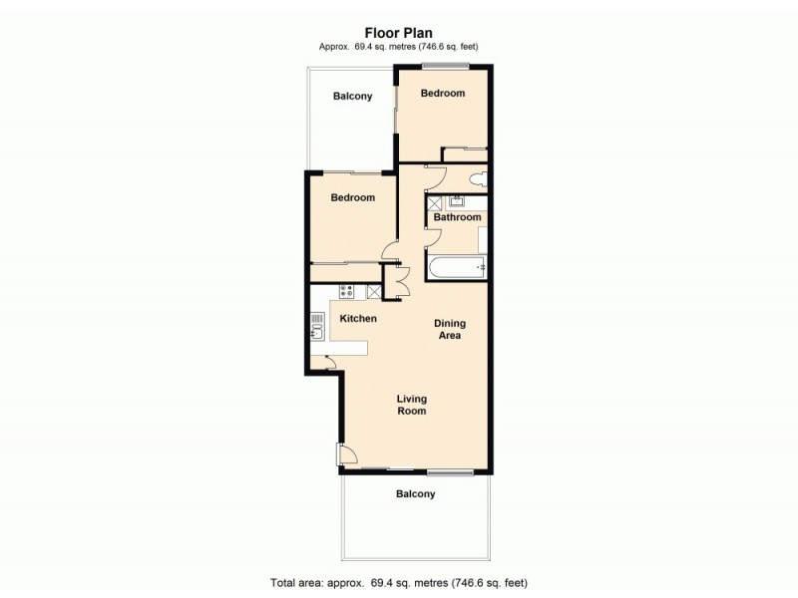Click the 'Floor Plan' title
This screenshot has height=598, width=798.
point(398,31)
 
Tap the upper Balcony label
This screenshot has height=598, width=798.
point(352,97)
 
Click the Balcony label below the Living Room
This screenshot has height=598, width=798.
point(415,494)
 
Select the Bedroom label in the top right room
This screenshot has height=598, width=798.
point(442,94)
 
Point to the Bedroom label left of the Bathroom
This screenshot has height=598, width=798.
point(353,198)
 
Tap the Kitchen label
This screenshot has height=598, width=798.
point(358,319)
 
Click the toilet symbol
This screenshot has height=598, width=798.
point(477,178)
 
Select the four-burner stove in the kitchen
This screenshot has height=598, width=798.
point(348,292)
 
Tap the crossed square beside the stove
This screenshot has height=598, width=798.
point(374,292)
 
